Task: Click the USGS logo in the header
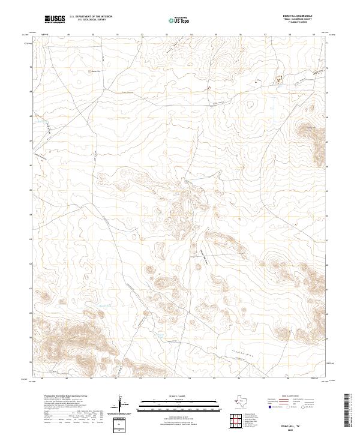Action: coord(55,20)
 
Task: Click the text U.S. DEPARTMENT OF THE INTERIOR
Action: coord(91,17)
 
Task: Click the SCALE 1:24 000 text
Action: coord(179,396)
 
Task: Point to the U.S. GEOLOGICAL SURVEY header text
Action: coord(90,20)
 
